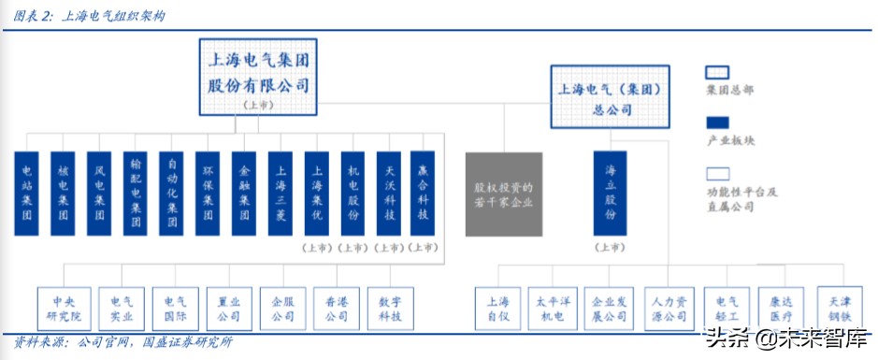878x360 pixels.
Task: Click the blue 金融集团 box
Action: click(x=243, y=192)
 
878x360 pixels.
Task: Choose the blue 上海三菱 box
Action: click(x=280, y=192)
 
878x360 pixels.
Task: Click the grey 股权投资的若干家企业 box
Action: click(x=503, y=194)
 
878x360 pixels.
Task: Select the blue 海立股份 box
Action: click(x=610, y=192)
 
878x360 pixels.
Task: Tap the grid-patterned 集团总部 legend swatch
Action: click(x=717, y=72)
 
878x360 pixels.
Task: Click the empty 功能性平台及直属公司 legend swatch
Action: click(x=717, y=173)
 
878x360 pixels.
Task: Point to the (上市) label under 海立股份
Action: click(x=610, y=248)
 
